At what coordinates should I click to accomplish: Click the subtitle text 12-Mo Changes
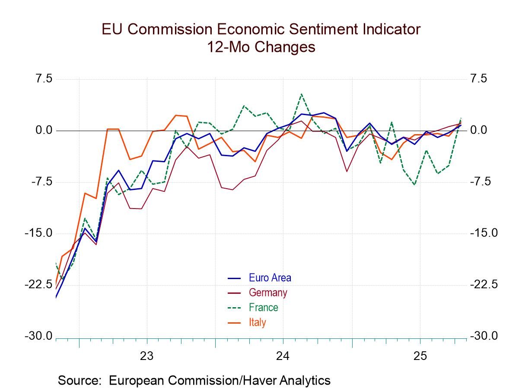pyautogui.click(x=261, y=47)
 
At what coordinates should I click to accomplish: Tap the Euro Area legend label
pyautogui.click(x=270, y=278)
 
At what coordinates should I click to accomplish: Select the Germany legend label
pyautogui.click(x=267, y=292)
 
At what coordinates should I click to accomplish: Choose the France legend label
pyautogui.click(x=263, y=308)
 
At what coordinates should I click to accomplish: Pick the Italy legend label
pyautogui.click(x=258, y=322)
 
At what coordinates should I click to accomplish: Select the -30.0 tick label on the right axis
pyautogui.click(x=484, y=336)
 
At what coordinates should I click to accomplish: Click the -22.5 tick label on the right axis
pyautogui.click(x=484, y=285)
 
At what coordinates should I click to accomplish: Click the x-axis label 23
pyautogui.click(x=147, y=356)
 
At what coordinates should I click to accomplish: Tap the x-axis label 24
pyautogui.click(x=283, y=356)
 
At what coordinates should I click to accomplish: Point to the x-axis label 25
pyautogui.click(x=420, y=356)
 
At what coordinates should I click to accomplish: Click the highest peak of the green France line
pyautogui.click(x=301, y=94)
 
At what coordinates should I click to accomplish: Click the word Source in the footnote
pyautogui.click(x=79, y=381)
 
